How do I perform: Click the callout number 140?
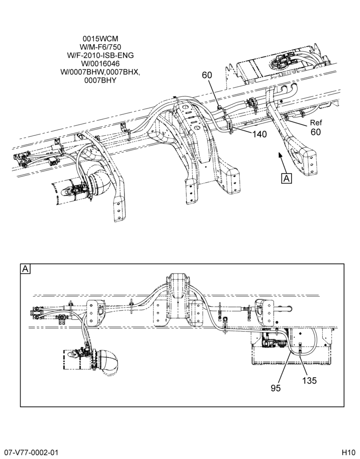point(259,134)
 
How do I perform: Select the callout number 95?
point(276,388)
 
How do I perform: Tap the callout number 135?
point(309,380)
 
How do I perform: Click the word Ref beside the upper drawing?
point(316,123)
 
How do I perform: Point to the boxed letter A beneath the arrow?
point(287,178)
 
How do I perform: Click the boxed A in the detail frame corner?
point(25,269)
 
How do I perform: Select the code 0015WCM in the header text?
point(101,39)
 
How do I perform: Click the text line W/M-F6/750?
point(100,47)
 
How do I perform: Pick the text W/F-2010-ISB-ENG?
point(100,55)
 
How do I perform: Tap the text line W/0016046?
point(100,63)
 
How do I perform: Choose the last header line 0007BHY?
point(100,80)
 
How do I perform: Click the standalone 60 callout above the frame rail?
point(207,75)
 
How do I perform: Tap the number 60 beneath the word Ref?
point(316,132)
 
